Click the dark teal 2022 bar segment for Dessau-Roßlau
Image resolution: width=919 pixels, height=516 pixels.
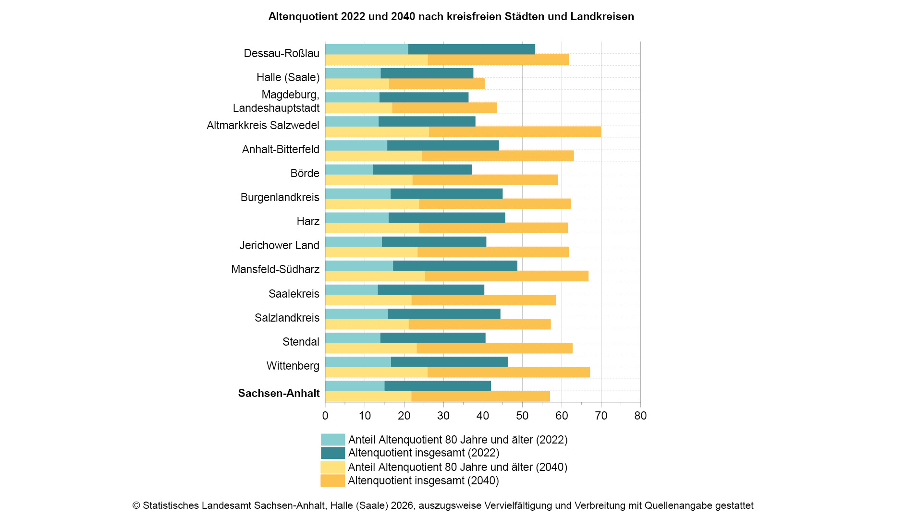pyautogui.click(x=471, y=49)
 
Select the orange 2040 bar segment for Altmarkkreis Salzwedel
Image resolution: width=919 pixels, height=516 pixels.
pyautogui.click(x=515, y=132)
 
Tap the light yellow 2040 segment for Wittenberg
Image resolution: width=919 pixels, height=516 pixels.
pyautogui.click(x=376, y=372)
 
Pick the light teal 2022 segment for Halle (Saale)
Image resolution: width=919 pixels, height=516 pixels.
pyautogui.click(x=353, y=73)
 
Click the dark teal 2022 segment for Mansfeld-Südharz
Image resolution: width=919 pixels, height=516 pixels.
pyautogui.click(x=455, y=266)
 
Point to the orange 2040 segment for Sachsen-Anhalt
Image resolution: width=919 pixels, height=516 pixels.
pyautogui.click(x=480, y=396)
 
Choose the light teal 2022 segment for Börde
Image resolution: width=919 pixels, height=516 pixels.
pyautogui.click(x=349, y=169)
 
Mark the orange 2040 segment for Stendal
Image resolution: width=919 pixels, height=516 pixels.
pyautogui.click(x=494, y=348)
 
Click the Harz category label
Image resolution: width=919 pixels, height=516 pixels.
pyautogui.click(x=308, y=221)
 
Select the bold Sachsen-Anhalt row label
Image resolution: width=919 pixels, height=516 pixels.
pyautogui.click(x=279, y=393)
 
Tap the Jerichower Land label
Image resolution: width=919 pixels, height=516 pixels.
pyautogui.click(x=279, y=245)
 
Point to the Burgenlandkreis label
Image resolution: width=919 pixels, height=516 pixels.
pyautogui.click(x=280, y=197)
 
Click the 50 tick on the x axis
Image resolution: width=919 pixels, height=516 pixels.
pyautogui.click(x=522, y=416)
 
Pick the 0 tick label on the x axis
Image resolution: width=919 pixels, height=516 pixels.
pyautogui.click(x=325, y=416)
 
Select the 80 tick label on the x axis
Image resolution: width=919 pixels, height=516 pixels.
pyautogui.click(x=640, y=416)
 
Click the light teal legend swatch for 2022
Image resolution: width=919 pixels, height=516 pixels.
pyautogui.click(x=332, y=440)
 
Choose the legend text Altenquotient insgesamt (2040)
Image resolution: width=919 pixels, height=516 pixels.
pyautogui.click(x=423, y=480)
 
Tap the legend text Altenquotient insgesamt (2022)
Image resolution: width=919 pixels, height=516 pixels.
pyautogui.click(x=423, y=453)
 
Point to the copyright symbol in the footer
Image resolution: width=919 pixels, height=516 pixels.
pyautogui.click(x=136, y=505)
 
